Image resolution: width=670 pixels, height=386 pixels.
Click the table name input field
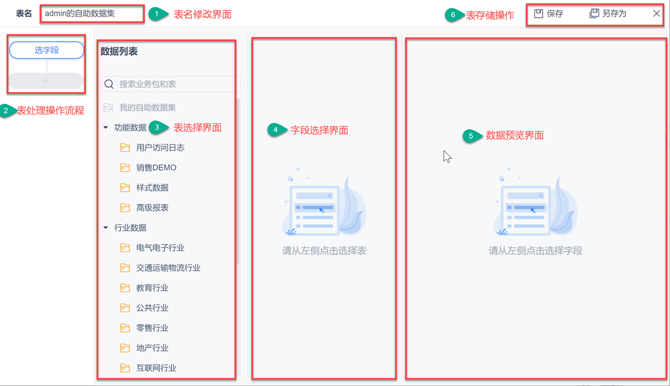coord(92,13)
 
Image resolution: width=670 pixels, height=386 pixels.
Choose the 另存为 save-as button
coord(608,13)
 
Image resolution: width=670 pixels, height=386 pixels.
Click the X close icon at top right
coord(657,13)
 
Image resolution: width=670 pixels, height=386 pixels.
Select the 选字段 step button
coord(47,50)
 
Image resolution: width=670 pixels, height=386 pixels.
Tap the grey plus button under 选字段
coord(46,81)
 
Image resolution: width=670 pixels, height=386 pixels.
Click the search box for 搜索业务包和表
coord(170,84)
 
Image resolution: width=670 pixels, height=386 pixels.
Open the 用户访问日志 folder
coord(160,148)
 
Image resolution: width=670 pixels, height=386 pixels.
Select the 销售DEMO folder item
coord(156,168)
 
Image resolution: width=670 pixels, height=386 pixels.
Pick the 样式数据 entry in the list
coord(152,188)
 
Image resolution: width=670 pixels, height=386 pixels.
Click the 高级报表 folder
coord(152,208)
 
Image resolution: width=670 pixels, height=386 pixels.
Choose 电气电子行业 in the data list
coord(160,248)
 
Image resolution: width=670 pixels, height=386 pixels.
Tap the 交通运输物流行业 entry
coord(167,268)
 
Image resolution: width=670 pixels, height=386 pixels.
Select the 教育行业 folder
coord(152,288)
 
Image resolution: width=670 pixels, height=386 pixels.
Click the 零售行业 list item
coord(152,328)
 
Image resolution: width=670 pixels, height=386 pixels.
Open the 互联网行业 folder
coord(156,368)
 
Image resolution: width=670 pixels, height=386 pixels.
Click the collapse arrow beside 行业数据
coord(106,228)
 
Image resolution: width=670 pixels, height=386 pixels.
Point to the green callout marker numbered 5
coord(471,136)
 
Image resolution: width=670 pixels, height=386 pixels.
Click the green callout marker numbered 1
coord(158,14)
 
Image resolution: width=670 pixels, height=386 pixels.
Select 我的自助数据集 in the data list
coord(147,108)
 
